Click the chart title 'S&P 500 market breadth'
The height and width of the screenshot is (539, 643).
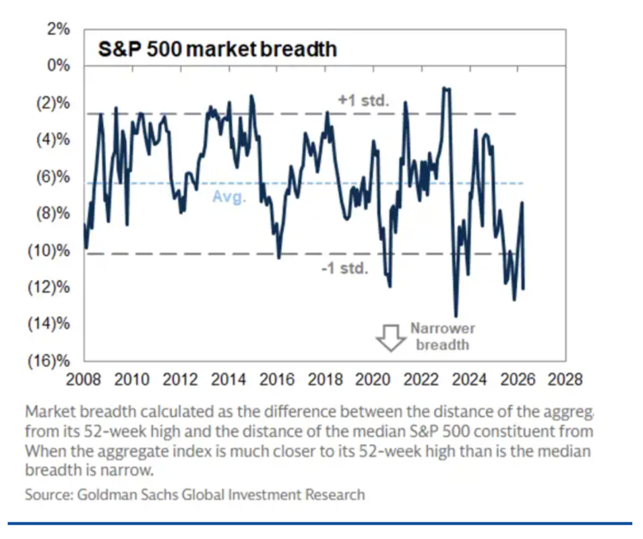[x=218, y=49]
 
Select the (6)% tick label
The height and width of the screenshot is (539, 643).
[x=53, y=177]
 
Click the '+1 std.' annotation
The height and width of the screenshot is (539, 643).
[x=364, y=101]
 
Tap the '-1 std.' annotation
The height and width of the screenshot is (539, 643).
[x=344, y=269]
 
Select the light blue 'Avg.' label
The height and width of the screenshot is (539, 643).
[x=230, y=197]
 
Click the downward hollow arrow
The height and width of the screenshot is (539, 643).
[x=389, y=338]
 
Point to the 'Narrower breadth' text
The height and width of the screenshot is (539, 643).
[x=442, y=336]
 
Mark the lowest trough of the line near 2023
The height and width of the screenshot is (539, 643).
[x=456, y=315]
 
